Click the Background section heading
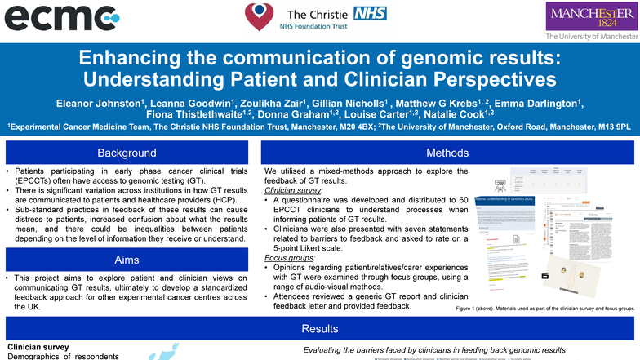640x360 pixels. tap(127, 153)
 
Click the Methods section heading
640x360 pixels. tap(447, 153)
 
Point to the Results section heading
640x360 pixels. tap(320, 329)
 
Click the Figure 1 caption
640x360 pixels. tap(544, 310)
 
